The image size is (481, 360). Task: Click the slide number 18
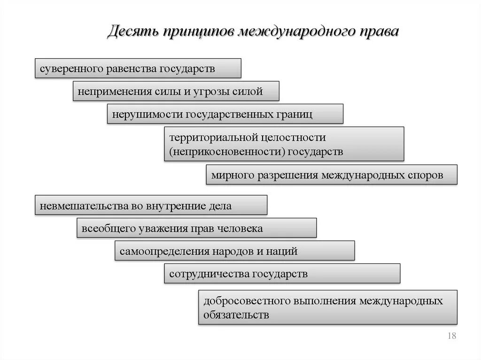point(452,336)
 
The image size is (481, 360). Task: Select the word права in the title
point(379,32)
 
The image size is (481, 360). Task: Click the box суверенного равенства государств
point(138,68)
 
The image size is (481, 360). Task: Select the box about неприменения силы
point(176,91)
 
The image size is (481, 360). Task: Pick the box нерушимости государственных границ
point(225,114)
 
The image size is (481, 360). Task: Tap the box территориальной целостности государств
point(284,144)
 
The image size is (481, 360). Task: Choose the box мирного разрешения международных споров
point(331,175)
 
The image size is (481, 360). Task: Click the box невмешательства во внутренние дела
point(151,205)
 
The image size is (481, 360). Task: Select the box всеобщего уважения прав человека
point(196,228)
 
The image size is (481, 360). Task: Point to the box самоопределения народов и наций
point(234,251)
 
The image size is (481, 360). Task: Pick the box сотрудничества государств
point(282,273)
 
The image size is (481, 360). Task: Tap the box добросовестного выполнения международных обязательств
point(327,307)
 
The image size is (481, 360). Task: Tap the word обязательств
point(236,314)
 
